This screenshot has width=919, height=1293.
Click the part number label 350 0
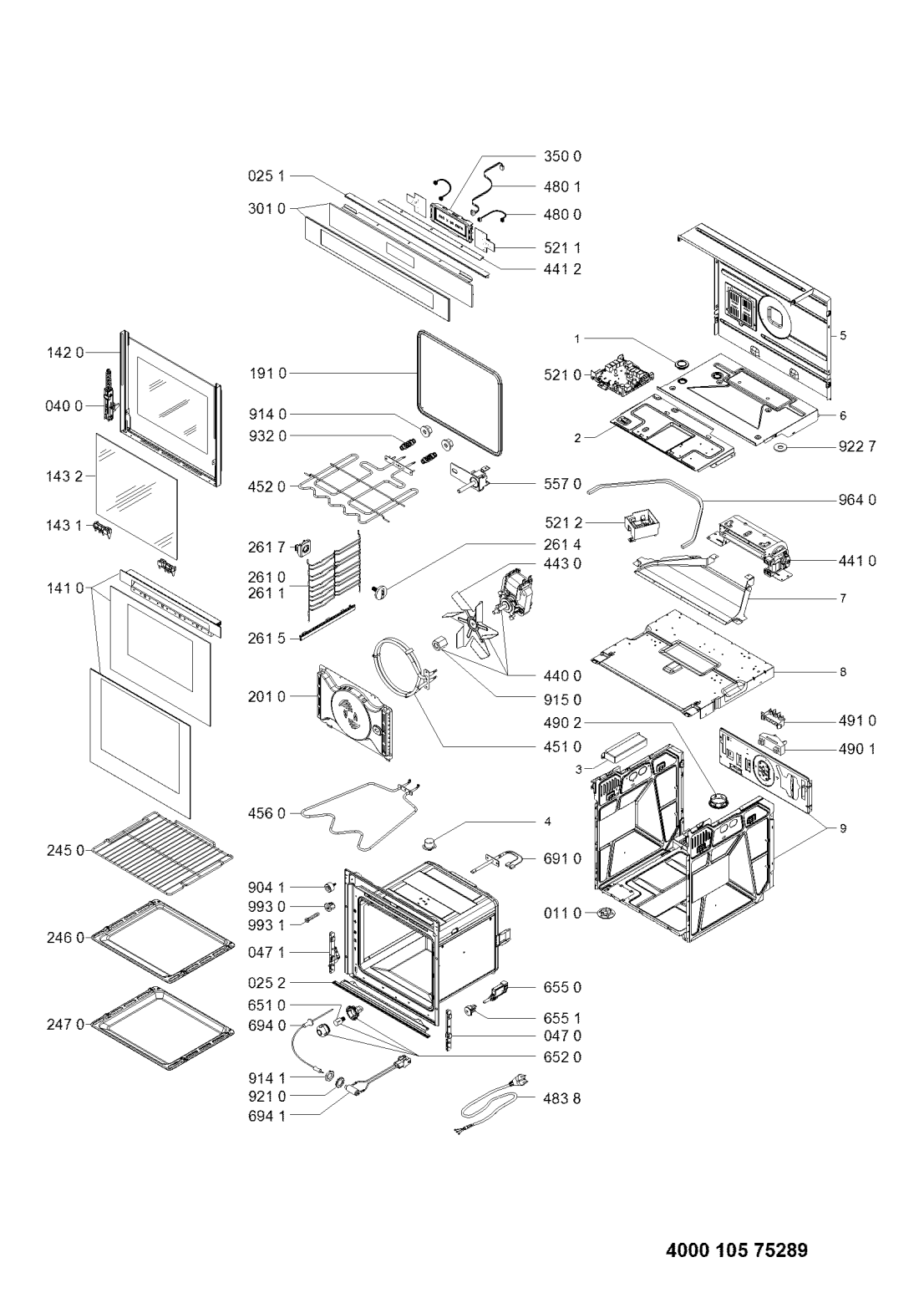coord(562,156)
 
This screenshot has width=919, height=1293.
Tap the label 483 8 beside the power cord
coord(562,1099)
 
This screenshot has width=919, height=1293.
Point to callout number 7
coord(843,598)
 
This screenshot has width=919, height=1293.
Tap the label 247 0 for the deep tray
coord(66,1025)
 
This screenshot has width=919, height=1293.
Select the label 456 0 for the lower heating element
coord(267,813)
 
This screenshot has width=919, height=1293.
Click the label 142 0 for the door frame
coord(66,353)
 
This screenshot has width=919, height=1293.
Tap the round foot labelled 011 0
coord(605,913)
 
